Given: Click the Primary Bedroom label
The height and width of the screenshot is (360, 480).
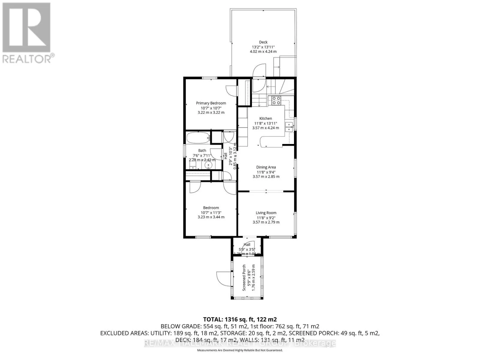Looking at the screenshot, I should pos(211,103).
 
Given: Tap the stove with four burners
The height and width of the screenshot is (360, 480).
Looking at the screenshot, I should pos(276,100).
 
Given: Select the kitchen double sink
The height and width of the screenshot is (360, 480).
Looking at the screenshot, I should pos(289,127).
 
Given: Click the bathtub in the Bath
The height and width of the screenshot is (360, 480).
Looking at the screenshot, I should pos(198,139).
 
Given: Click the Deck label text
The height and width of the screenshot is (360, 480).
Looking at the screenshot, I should pos(263,42).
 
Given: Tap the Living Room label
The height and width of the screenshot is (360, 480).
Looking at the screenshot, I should pos(266,213).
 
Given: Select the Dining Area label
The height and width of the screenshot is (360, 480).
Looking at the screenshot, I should pos(266,167).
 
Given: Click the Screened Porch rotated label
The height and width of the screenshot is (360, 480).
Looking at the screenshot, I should pos(244,277).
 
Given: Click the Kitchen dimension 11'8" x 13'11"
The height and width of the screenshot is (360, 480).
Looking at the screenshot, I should pos(265,123).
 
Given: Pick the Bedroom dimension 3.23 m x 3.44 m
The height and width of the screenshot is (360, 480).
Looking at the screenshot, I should pos(211,217).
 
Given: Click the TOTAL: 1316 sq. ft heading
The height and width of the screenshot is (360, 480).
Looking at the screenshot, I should pos(240,319).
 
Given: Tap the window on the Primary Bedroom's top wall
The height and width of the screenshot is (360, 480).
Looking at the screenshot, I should pos(209,78).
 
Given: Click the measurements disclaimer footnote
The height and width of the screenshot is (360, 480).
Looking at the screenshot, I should pos(240,350).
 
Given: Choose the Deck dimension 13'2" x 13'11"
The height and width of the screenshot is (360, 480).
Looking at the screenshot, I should pos(263,47).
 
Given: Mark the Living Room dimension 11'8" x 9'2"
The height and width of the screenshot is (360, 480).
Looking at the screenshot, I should pos(266,217).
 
